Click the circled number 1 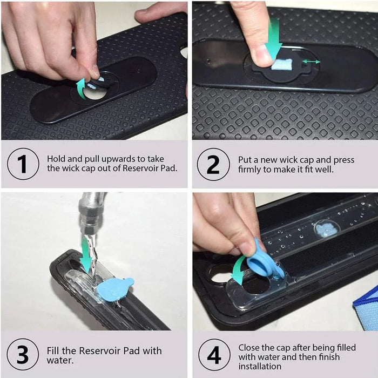click(x=23, y=164)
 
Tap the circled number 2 click(x=213, y=164)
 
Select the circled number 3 click(x=23, y=354)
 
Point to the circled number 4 click(x=214, y=355)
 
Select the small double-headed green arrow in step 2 click(x=311, y=62)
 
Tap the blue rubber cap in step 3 click(x=114, y=289)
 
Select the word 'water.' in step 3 click(x=60, y=360)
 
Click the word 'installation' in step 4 click(x=260, y=367)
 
